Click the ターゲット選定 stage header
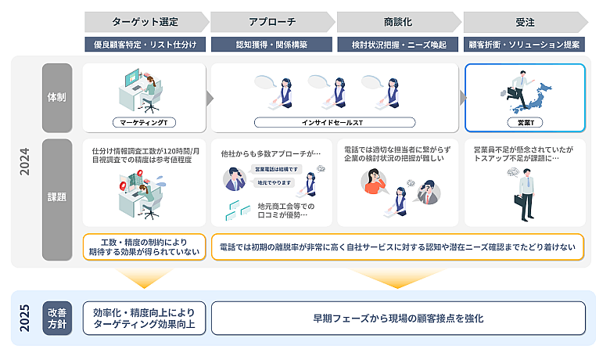click(x=144, y=21)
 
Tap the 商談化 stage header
click(x=396, y=21)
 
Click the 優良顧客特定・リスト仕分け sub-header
click(x=144, y=45)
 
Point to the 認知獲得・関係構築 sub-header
click(x=271, y=45)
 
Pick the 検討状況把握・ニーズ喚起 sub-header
click(x=397, y=45)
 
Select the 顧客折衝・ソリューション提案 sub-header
click(x=524, y=45)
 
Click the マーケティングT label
click(x=144, y=122)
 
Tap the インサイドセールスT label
click(x=335, y=122)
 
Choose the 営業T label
click(x=525, y=122)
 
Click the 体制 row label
click(x=57, y=97)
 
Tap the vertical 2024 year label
click(x=25, y=160)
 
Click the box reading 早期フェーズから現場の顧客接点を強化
click(x=398, y=319)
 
